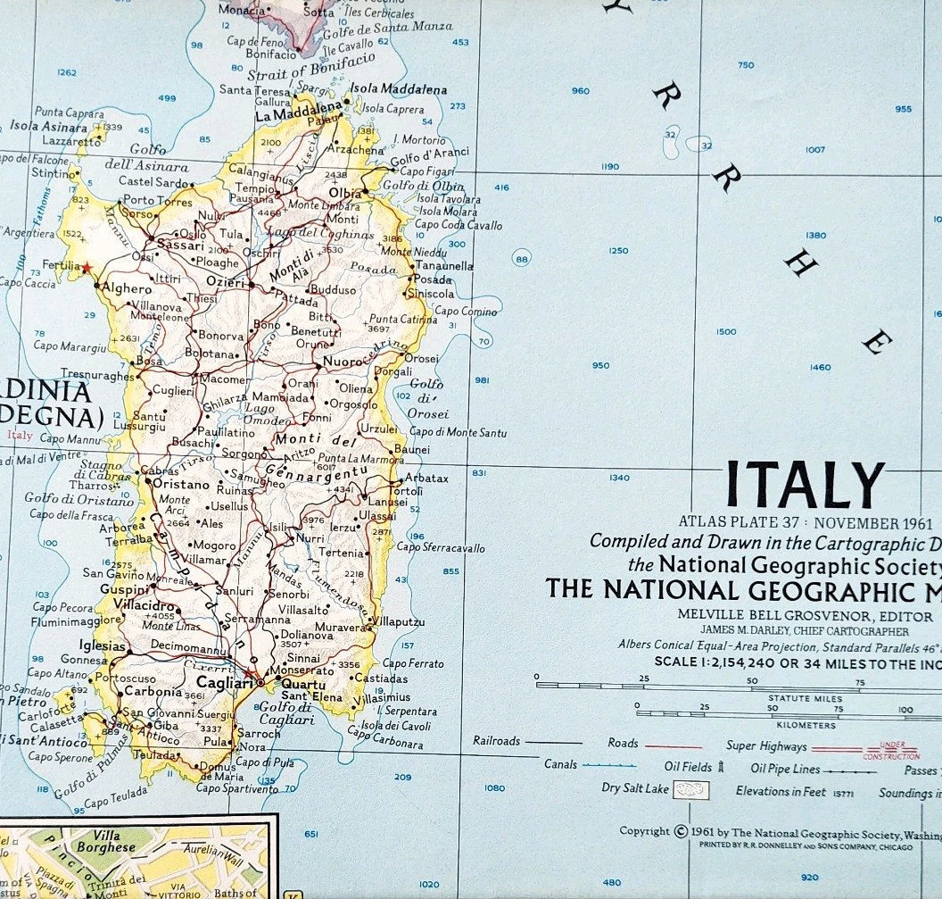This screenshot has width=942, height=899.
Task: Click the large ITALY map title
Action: click(805, 485)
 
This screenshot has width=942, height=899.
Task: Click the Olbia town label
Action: click(346, 193)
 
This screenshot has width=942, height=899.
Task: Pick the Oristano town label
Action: click(181, 484)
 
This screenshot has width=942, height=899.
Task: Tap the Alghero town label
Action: click(128, 288)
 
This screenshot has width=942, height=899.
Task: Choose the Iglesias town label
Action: click(103, 645)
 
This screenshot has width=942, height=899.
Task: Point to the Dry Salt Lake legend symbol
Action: click(691, 790)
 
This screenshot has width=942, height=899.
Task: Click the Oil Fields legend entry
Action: click(693, 767)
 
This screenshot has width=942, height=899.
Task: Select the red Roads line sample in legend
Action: click(673, 745)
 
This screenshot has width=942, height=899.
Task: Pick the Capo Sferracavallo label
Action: click(441, 547)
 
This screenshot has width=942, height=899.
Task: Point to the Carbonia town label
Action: click(153, 691)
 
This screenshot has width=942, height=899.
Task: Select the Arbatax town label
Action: click(426, 479)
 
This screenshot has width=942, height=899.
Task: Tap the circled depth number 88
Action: click(522, 259)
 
